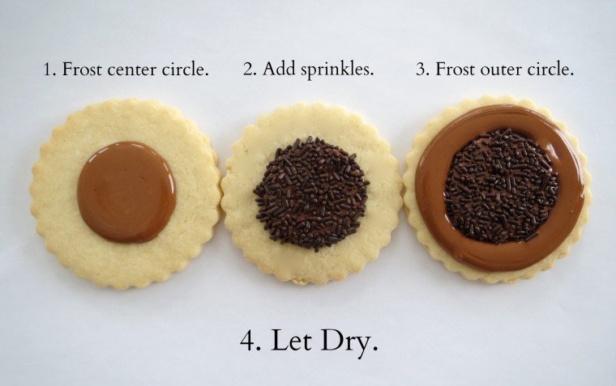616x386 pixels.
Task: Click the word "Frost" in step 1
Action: click(81, 70)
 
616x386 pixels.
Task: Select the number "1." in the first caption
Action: click(49, 70)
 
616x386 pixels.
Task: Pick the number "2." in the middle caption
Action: click(250, 70)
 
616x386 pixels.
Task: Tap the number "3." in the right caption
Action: click(422, 70)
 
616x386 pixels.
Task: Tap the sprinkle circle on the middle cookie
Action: click(311, 193)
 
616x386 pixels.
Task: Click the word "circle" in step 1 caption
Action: click(186, 70)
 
